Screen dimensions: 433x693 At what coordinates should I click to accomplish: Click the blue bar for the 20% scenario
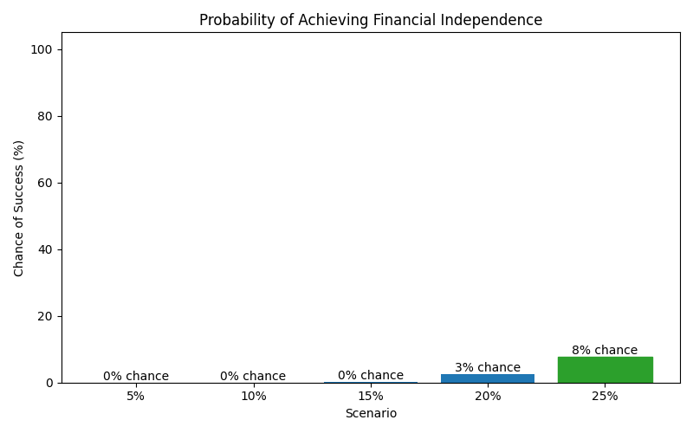(488, 378)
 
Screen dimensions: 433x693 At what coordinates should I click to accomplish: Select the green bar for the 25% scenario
(605, 370)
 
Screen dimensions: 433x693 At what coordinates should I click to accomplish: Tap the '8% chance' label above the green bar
(605, 351)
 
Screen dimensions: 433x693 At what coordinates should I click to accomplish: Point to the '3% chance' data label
(488, 368)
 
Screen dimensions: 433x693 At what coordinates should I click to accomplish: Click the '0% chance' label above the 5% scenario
(136, 377)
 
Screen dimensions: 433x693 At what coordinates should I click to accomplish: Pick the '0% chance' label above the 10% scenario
(253, 377)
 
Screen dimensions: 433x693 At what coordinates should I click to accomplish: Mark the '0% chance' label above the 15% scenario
(371, 376)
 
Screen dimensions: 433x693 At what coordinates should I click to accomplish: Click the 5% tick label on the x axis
(136, 397)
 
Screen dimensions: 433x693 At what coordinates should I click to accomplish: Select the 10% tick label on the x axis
(253, 397)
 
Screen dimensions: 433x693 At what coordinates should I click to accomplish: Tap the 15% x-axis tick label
(371, 397)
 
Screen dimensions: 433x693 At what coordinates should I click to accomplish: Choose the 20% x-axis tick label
(488, 397)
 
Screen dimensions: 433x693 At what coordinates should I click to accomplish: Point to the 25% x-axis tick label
(605, 397)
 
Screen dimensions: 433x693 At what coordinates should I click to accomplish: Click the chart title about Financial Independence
(371, 20)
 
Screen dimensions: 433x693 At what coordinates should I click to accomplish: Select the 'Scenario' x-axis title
(371, 414)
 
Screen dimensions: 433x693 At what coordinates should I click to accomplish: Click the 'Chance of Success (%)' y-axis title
(19, 208)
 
